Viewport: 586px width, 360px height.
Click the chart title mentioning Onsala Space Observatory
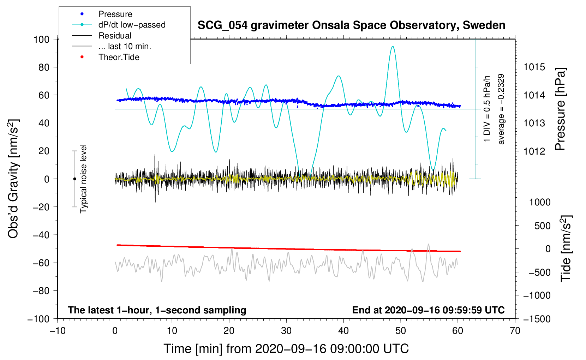(351, 25)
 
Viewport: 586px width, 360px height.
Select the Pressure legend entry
(115, 14)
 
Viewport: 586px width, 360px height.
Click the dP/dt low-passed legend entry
(132, 25)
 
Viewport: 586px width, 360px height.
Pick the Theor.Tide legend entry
(119, 57)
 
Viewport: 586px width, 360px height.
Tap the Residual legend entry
(115, 36)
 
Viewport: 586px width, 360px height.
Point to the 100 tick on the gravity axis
(41, 39)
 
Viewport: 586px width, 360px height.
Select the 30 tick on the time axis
(286, 331)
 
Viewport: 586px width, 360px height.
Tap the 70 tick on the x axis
(515, 331)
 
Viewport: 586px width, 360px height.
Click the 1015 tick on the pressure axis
(534, 67)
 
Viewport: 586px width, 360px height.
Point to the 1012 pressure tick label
(534, 151)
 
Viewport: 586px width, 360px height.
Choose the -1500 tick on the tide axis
(537, 319)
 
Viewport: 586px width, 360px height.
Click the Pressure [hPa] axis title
(561, 109)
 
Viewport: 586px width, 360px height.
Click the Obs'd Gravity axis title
(13, 179)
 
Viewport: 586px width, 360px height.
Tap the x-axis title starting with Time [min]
(286, 349)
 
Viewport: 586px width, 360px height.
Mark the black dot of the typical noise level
(74, 179)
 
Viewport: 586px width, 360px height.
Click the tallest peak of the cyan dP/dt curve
(392, 47)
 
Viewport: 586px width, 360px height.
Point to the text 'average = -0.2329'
(501, 109)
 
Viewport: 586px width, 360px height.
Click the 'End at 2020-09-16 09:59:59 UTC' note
(428, 310)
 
